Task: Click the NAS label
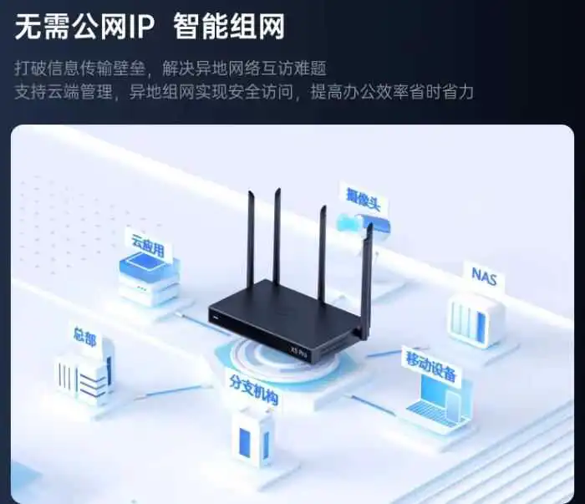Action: (x=484, y=277)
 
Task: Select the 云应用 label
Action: (x=148, y=244)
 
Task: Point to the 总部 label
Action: (x=85, y=337)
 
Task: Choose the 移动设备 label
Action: (x=431, y=365)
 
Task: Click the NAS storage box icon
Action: (x=476, y=320)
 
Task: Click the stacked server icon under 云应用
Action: (x=150, y=278)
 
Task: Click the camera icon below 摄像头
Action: (x=363, y=223)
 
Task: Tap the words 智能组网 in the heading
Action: (x=229, y=26)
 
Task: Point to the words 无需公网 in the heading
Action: (x=70, y=26)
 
